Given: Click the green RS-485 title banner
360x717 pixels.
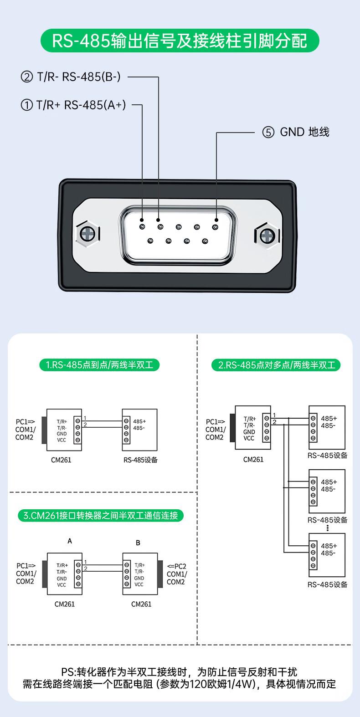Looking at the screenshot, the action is tap(180, 41).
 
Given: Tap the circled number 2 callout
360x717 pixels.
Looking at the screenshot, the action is tap(27, 77).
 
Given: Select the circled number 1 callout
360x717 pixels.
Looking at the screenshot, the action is tap(27, 105).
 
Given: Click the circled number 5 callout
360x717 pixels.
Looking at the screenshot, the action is tap(268, 132).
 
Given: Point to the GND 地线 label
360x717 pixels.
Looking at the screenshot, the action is tap(304, 132).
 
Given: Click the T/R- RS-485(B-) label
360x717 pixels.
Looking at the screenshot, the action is tap(79, 77).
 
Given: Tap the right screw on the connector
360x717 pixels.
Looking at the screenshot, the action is tap(267, 236).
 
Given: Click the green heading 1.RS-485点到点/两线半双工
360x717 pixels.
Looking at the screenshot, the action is tap(99, 365).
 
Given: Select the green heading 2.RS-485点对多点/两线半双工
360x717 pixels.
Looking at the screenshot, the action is tap(276, 365).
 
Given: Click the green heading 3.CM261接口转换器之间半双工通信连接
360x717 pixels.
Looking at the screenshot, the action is tap(101, 516).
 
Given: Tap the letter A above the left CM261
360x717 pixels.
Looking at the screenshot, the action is tap(70, 541).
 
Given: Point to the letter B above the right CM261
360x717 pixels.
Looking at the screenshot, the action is tap(138, 543).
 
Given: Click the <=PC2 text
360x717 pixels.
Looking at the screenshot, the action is tap(176, 567).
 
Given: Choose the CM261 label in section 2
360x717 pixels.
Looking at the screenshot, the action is tap(253, 460).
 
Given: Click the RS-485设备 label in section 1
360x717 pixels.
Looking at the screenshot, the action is tap(141, 460).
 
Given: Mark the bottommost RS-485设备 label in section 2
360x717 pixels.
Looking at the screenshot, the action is tap(328, 585).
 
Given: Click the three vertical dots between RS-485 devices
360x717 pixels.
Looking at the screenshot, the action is tap(327, 528).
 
